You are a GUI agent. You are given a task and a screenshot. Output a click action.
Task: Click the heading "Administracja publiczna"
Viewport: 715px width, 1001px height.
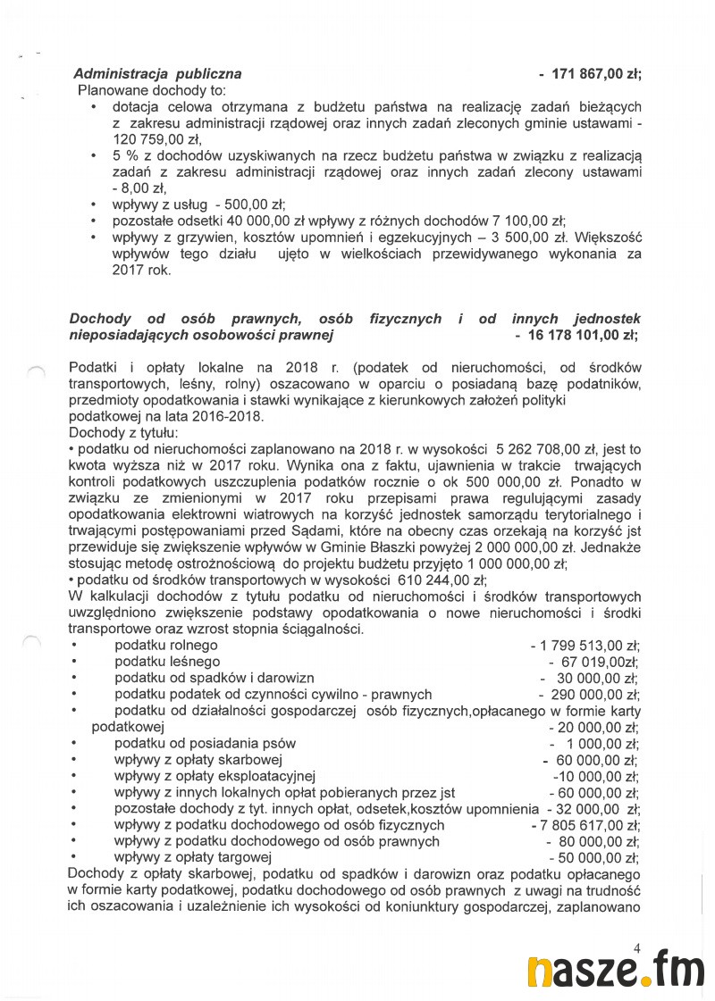[157, 74]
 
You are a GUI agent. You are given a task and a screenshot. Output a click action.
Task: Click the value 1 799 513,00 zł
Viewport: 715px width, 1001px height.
[589, 646]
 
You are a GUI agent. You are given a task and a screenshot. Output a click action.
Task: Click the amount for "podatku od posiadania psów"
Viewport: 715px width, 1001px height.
[596, 744]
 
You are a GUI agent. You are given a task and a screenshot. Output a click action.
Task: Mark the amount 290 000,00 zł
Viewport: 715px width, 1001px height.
[593, 695]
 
